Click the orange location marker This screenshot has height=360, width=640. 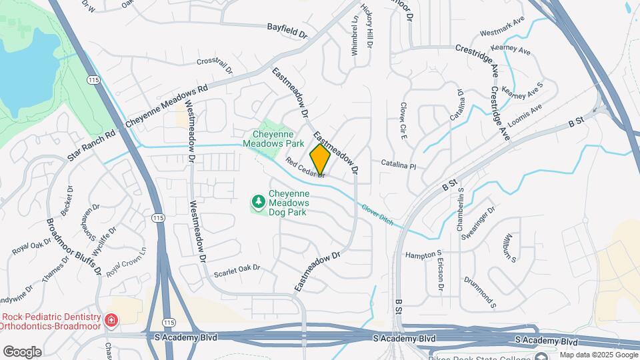[x=320, y=159]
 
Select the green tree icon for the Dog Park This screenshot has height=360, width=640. [x=258, y=201]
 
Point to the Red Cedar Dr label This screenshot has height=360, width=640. [x=304, y=167]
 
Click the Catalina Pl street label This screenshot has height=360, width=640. [x=398, y=164]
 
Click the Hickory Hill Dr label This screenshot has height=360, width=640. [x=367, y=25]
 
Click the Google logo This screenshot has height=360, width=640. [x=22, y=352]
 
